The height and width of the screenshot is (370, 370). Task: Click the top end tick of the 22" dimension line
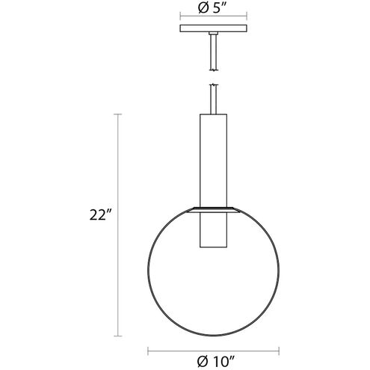(x=118, y=114)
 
